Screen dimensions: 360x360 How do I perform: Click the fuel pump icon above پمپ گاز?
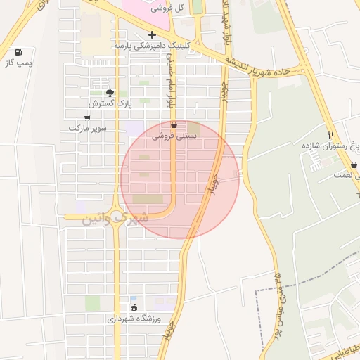[x=18, y=52]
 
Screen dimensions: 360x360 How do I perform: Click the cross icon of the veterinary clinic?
[x=152, y=34]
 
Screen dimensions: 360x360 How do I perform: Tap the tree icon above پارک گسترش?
[x=109, y=92]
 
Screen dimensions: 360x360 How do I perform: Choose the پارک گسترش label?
[x=115, y=103]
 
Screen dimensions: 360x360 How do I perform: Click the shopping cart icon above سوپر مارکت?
[x=87, y=117]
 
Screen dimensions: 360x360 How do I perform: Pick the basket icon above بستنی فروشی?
[x=174, y=125]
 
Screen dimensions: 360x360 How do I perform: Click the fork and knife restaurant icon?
[x=330, y=134]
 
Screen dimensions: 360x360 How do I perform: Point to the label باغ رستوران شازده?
[x=330, y=146]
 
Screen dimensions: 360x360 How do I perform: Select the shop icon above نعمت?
[x=354, y=165]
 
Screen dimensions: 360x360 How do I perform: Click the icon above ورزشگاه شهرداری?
[x=134, y=307]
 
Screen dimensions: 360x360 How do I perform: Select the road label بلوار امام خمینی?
[x=169, y=79]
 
